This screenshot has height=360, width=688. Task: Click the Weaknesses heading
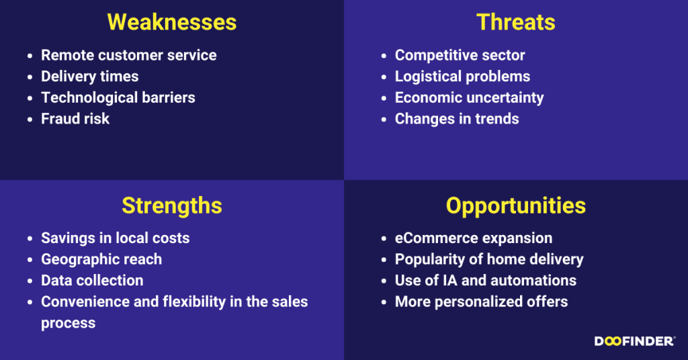tap(172, 22)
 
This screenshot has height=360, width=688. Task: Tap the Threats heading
tap(516, 22)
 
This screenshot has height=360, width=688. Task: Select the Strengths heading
tap(172, 206)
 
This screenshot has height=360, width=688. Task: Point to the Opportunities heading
tap(516, 206)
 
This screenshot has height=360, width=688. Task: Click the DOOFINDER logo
tap(635, 341)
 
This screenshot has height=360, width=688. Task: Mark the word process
tap(69, 324)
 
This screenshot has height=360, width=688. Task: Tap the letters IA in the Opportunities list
tap(449, 281)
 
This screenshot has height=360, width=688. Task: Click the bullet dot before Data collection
tap(30, 281)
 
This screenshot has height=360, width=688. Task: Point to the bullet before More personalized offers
tap(384, 302)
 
